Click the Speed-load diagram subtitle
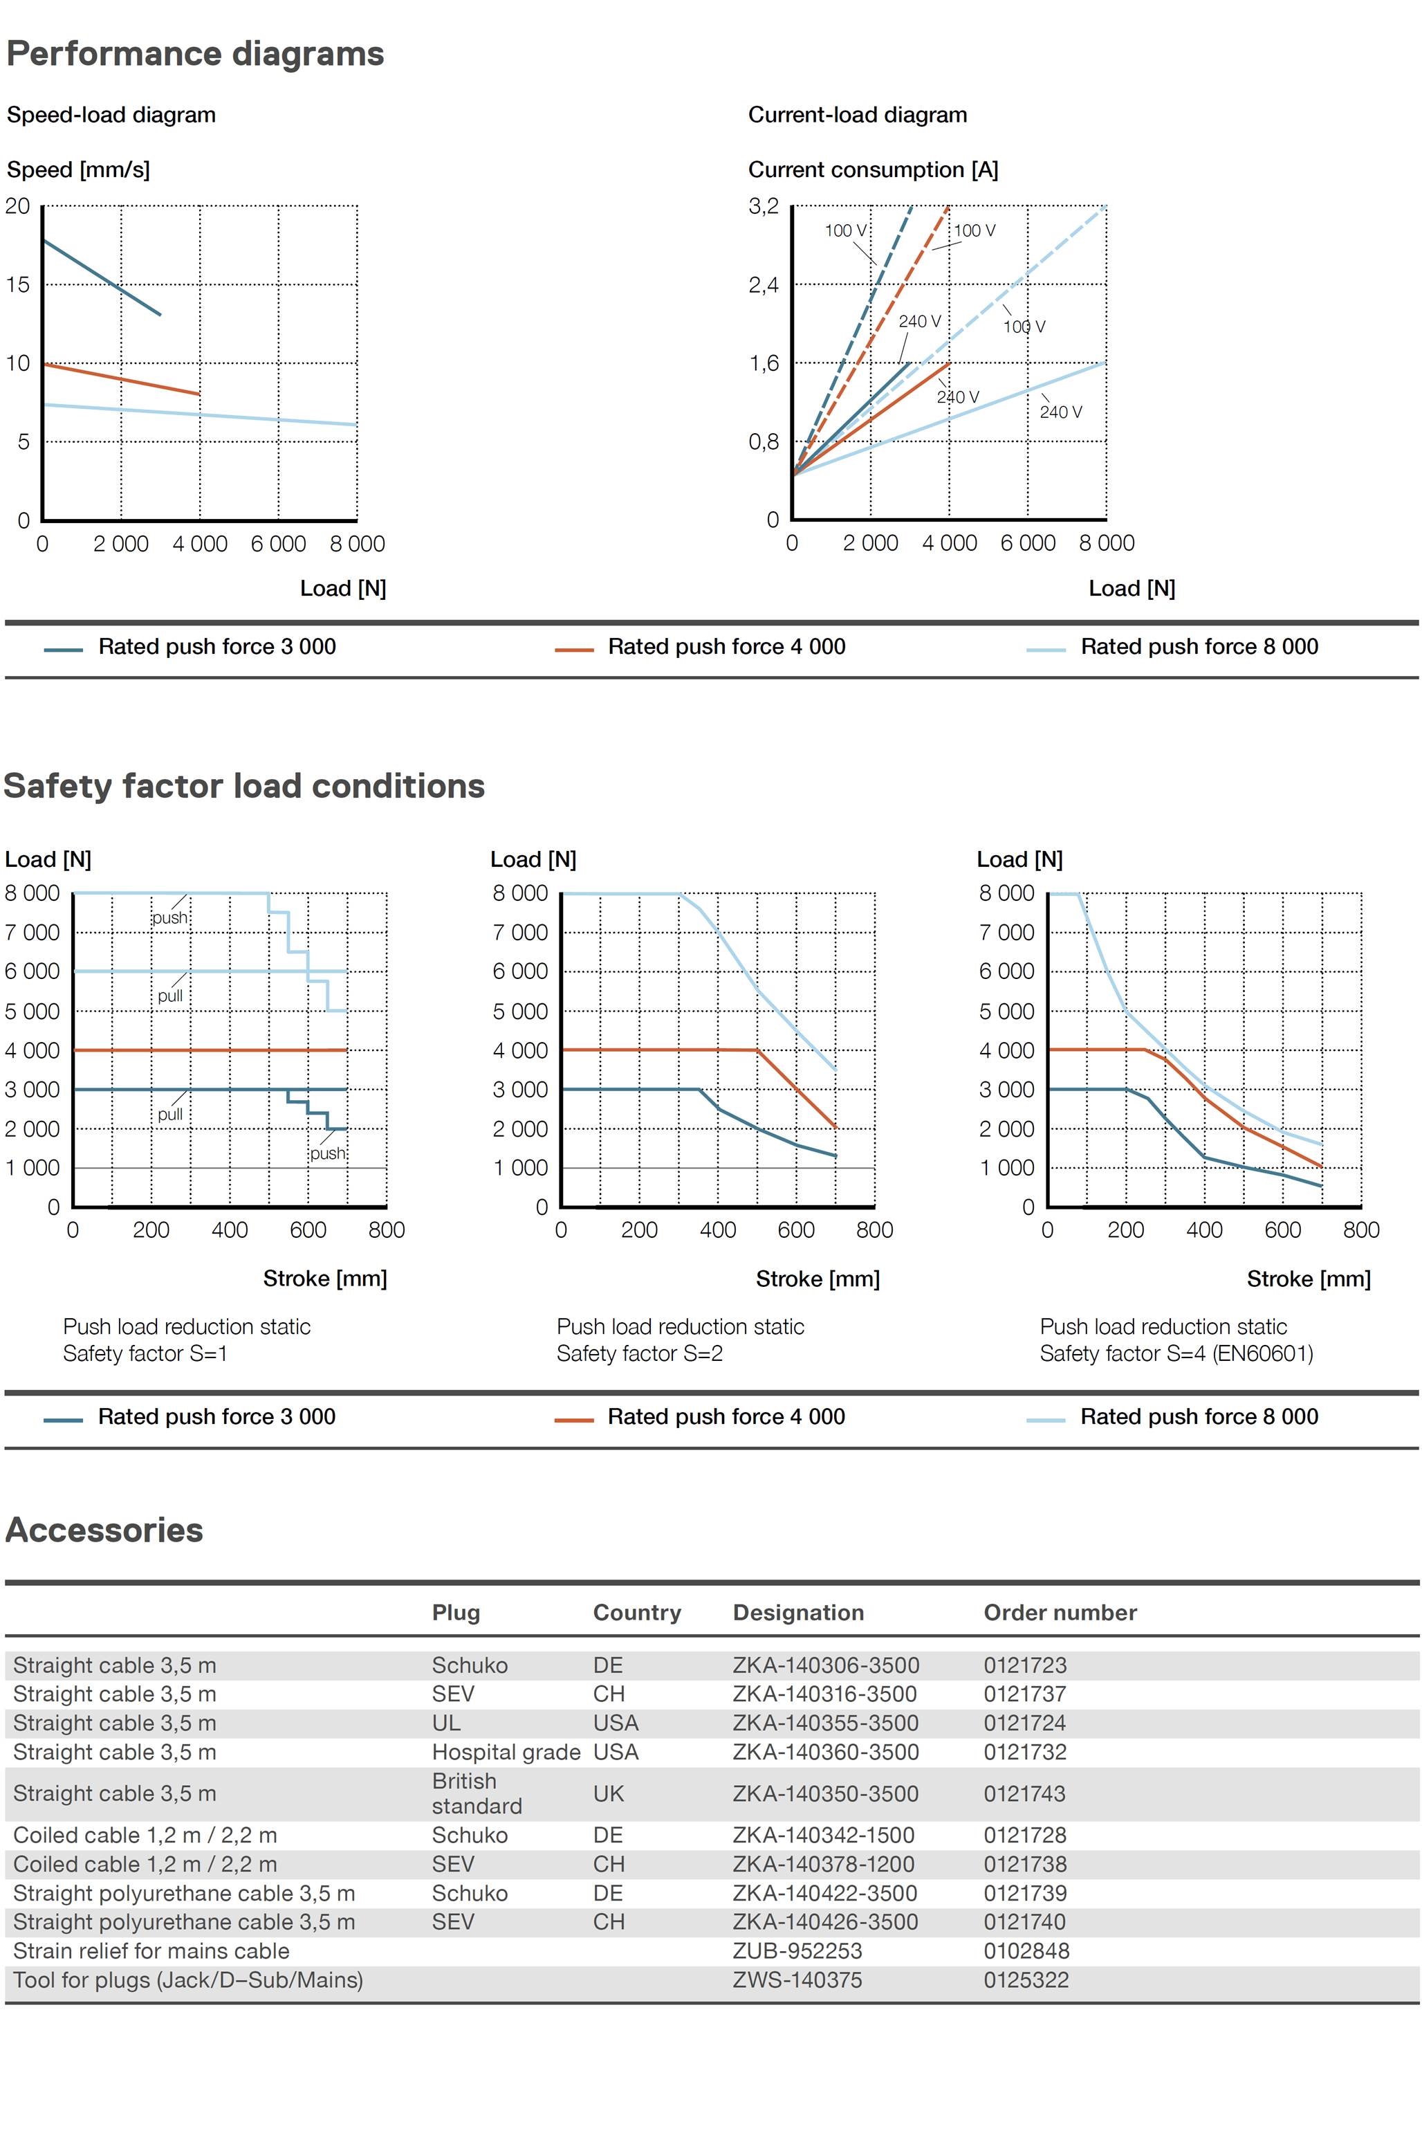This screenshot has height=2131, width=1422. click(111, 116)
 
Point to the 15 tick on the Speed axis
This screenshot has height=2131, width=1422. click(17, 285)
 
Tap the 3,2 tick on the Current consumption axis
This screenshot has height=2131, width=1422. click(763, 206)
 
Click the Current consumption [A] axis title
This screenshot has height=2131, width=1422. click(872, 170)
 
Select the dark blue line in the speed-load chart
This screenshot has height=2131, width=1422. click(102, 277)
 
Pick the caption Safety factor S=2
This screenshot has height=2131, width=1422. click(639, 1353)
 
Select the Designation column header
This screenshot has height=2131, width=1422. click(798, 1612)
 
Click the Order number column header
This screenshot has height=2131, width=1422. click(1060, 1612)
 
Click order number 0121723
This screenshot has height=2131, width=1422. click(1025, 1665)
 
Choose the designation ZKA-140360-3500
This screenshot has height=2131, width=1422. click(825, 1752)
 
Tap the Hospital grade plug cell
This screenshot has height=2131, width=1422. click(505, 1752)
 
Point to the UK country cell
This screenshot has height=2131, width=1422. click(608, 1793)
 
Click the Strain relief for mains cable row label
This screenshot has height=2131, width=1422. click(151, 1950)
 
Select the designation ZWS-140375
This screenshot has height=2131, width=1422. click(797, 1979)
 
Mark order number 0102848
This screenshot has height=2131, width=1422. click(1026, 1950)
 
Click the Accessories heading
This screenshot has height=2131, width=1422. click(104, 1530)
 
